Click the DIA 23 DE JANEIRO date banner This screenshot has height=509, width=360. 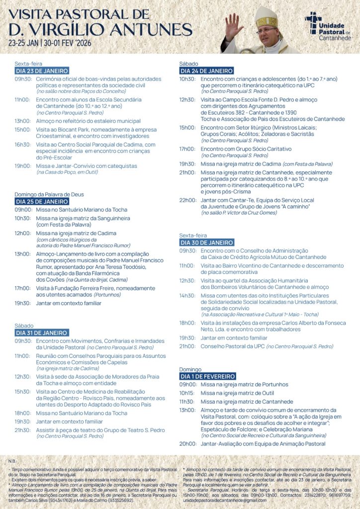pyautogui.click(x=41, y=71)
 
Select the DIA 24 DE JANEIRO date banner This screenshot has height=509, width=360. pyautogui.click(x=206, y=71)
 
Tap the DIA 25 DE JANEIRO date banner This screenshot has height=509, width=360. pyautogui.click(x=41, y=202)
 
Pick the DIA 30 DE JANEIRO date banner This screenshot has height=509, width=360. pyautogui.click(x=206, y=243)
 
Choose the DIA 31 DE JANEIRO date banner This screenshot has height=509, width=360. pyautogui.click(x=41, y=333)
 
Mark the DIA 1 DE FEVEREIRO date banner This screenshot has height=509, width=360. pyautogui.click(x=207, y=377)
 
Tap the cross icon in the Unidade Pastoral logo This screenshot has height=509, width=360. pyautogui.click(x=313, y=22)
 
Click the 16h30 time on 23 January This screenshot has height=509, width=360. pyautogui.click(x=23, y=145)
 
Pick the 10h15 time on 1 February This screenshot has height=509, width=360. pyautogui.click(x=187, y=393)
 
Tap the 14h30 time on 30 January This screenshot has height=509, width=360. pyautogui.click(x=187, y=296)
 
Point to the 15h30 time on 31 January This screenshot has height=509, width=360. pyautogui.click(x=23, y=392)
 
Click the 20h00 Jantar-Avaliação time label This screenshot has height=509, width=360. pyautogui.click(x=187, y=444)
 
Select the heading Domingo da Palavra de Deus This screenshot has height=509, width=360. pyautogui.click(x=49, y=194)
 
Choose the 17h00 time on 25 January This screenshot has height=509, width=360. pyautogui.click(x=23, y=288)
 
